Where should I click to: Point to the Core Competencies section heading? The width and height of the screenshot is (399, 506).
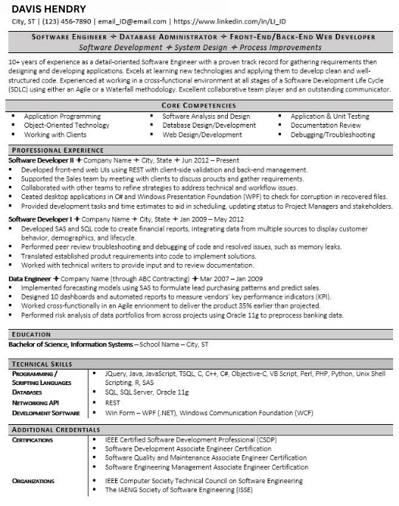(199, 106)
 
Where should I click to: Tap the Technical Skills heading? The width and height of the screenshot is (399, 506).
(41, 364)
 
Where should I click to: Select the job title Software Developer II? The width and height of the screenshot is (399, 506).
(38, 159)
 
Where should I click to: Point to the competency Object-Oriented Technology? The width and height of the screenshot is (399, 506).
(66, 125)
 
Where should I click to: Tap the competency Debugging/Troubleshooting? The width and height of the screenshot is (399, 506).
(333, 135)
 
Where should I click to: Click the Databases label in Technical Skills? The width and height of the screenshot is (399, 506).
(28, 392)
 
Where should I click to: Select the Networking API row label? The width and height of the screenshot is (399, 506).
(35, 403)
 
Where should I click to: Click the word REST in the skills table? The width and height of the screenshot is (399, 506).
(113, 403)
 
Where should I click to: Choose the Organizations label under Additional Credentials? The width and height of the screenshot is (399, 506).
(34, 480)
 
